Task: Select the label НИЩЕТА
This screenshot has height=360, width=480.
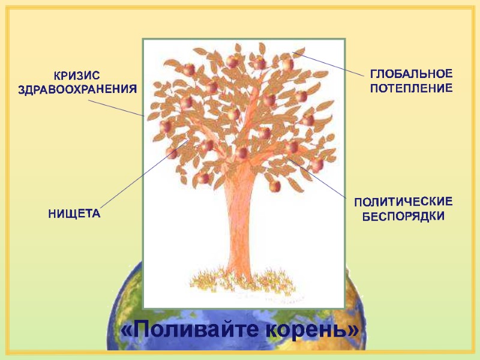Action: (x=74, y=214)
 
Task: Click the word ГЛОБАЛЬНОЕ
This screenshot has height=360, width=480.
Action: (x=410, y=74)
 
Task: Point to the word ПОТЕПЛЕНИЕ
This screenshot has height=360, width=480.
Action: (x=410, y=88)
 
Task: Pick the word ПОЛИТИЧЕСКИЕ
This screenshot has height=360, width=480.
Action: (x=403, y=202)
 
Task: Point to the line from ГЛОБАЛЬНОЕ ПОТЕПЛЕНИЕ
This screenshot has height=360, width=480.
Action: (x=330, y=64)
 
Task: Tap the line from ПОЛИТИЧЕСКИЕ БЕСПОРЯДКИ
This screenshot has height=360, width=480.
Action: (x=324, y=182)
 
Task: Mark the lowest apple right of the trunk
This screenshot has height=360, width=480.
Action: (x=275, y=186)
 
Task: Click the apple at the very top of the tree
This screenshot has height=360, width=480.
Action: (x=259, y=63)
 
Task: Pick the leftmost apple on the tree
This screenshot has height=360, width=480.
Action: (x=165, y=127)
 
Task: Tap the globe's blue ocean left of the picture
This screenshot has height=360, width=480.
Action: (x=129, y=300)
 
